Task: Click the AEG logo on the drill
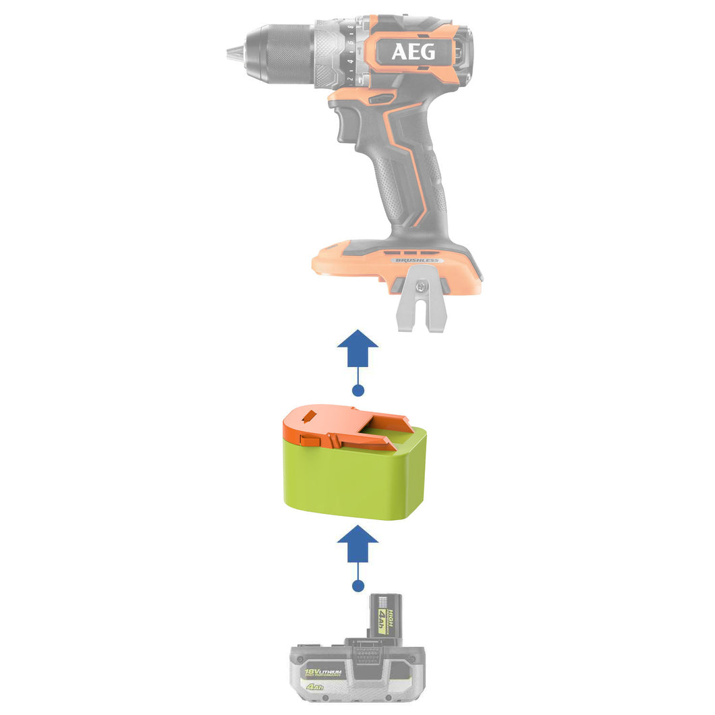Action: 413,52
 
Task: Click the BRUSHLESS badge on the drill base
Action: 415,260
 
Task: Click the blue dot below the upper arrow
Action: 358,390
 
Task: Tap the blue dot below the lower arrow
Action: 358,585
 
